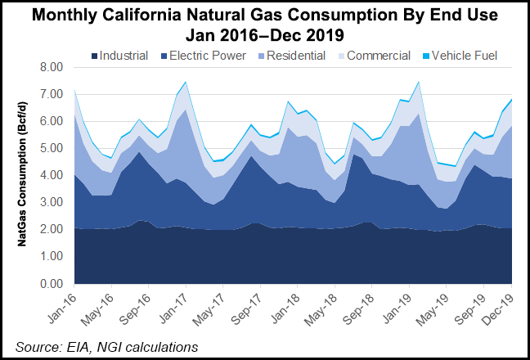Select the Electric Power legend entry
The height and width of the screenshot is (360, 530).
click(204, 56)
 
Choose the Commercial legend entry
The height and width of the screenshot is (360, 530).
click(375, 56)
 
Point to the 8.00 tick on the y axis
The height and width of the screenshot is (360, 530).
click(52, 67)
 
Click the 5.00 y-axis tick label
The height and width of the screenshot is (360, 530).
click(52, 148)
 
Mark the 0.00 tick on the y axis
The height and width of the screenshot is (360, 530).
click(52, 284)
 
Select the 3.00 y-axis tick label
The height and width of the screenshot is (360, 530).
click(52, 203)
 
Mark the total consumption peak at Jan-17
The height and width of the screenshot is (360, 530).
click(186, 82)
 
